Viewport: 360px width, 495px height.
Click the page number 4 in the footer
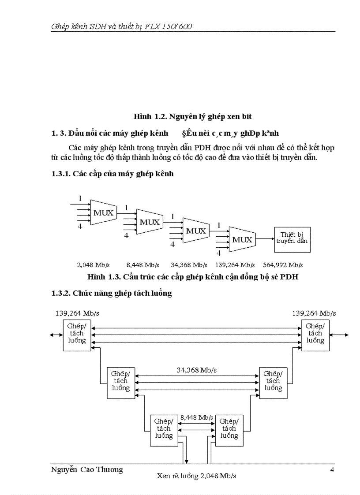pyautogui.click(x=332, y=469)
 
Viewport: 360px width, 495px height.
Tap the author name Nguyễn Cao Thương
pyautogui.click(x=87, y=469)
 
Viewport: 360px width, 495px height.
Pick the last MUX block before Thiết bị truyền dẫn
pyautogui.click(x=241, y=240)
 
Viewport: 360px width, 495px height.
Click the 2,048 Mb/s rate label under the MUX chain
pyautogui.click(x=93, y=265)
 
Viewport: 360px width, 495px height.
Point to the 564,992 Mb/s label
pyautogui.click(x=283, y=265)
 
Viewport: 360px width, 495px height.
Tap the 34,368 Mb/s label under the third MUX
pyautogui.click(x=189, y=265)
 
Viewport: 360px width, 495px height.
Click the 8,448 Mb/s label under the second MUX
pyautogui.click(x=142, y=265)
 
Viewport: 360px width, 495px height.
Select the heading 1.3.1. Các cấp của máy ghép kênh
pyautogui.click(x=112, y=174)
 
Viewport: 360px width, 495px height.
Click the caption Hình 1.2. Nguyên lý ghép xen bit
pyautogui.click(x=192, y=116)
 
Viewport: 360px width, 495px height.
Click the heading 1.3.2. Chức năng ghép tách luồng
pyautogui.click(x=112, y=293)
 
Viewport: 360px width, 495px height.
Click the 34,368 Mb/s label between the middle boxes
pyautogui.click(x=197, y=370)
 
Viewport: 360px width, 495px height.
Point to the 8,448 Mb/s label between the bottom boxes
pyautogui.click(x=196, y=417)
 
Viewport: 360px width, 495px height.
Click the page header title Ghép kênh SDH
pyautogui.click(x=121, y=26)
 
